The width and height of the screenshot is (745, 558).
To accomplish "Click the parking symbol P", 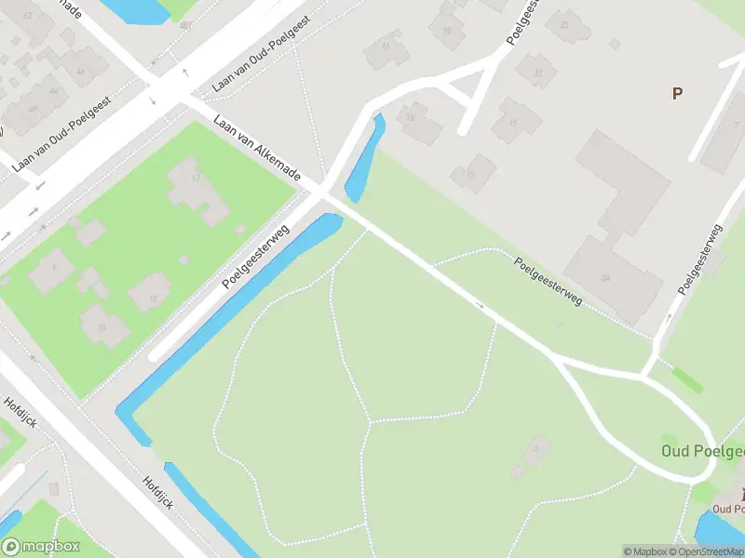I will [677, 92].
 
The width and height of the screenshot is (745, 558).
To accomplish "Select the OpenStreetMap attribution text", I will [701, 551].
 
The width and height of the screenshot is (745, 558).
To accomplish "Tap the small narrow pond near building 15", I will [365, 158].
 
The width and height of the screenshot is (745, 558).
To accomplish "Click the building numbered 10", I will [104, 326].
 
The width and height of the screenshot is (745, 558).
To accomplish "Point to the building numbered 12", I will [150, 297].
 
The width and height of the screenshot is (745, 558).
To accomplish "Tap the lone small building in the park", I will [531, 457].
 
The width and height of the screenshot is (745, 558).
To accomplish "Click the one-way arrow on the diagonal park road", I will [481, 305].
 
